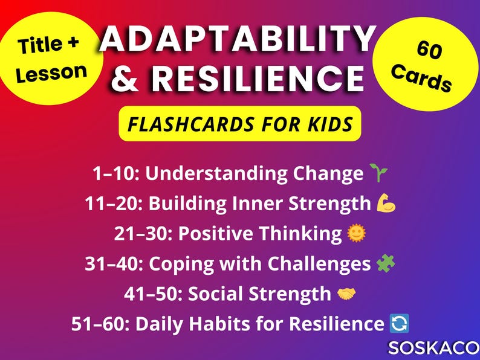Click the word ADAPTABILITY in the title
click(238, 41)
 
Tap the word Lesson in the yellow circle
click(51, 72)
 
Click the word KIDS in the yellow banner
click(329, 124)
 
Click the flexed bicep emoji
click(386, 204)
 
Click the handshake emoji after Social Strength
click(346, 294)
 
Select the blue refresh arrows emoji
click(400, 324)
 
